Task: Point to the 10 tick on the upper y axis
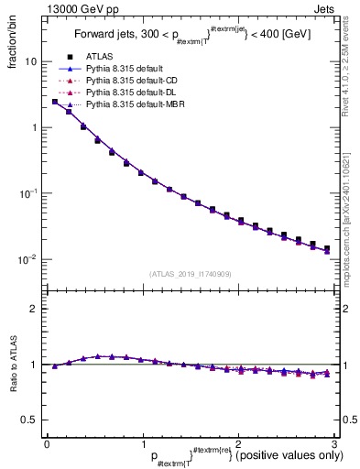coord(30,61)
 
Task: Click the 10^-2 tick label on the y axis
coord(27,259)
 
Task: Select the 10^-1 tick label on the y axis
coord(27,193)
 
